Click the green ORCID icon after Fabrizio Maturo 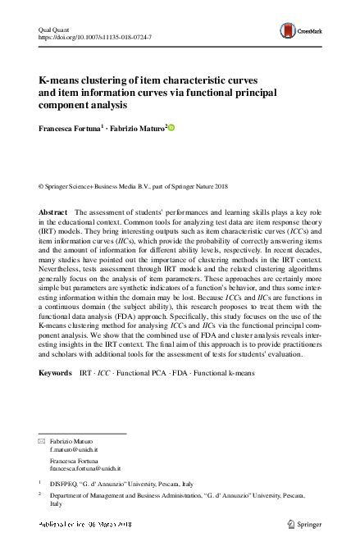[172, 128]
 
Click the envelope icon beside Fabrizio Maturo [43, 443]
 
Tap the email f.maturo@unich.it [74, 451]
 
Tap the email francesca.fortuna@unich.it [85, 468]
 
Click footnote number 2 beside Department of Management [41, 494]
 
